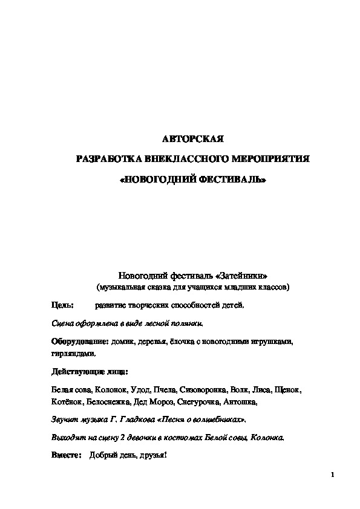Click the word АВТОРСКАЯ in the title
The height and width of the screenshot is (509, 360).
coord(193,140)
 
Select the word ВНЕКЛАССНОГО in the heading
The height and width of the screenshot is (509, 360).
coord(181,160)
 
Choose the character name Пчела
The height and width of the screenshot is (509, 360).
coord(164,389)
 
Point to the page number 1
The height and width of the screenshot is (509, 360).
coord(333,474)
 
